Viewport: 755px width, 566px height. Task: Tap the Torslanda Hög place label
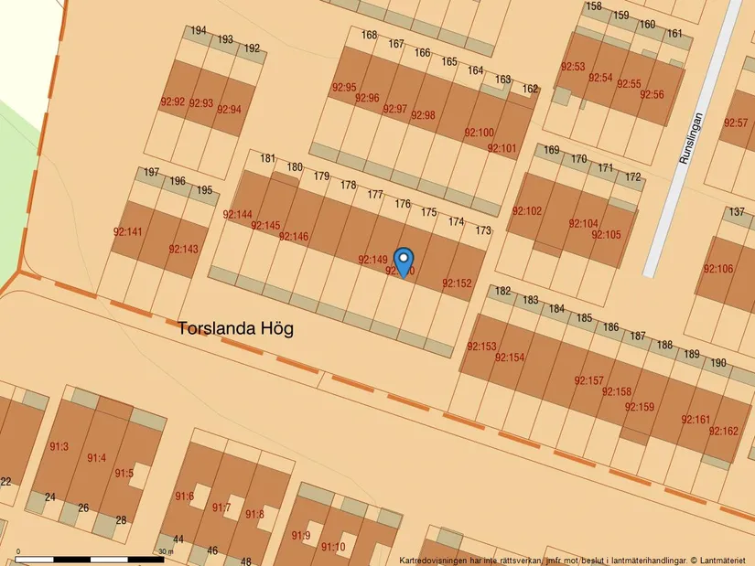point(236,328)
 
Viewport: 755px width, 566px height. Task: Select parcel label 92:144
point(237,215)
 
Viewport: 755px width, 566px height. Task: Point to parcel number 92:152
point(457,283)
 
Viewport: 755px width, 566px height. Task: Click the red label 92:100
point(479,133)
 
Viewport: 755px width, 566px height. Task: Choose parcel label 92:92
point(172,102)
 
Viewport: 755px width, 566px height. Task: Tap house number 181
point(267,159)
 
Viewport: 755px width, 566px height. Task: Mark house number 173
point(483,230)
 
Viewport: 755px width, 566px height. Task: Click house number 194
point(199,31)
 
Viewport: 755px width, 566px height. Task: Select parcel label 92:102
point(527,211)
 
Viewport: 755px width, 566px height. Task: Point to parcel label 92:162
point(723,431)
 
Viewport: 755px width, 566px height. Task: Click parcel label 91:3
point(59,447)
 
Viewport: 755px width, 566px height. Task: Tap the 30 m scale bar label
point(165,551)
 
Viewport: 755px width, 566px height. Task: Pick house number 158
point(594,6)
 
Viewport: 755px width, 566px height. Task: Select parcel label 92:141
point(127,231)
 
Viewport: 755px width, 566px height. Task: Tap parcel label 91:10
point(333,547)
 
